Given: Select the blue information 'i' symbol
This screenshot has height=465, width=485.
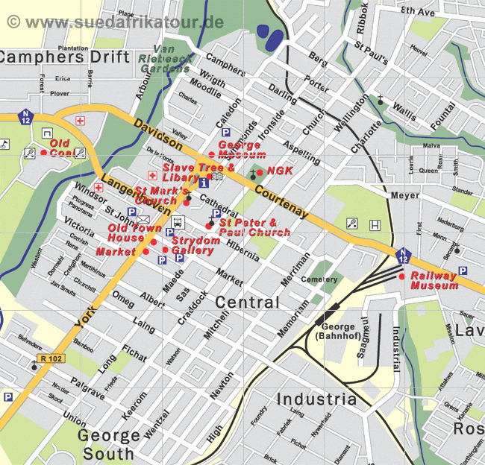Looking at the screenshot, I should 204,182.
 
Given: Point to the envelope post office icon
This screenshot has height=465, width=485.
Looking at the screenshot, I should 143,218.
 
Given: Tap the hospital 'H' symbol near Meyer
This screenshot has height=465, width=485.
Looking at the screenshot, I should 375,224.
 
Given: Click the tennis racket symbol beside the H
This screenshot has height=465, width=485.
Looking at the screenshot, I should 351,223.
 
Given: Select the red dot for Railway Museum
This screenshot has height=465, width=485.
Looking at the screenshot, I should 402,276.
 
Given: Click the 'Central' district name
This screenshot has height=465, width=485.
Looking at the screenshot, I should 247,303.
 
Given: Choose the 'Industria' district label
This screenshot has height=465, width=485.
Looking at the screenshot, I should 316,399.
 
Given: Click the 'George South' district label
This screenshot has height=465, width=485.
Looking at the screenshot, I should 108,443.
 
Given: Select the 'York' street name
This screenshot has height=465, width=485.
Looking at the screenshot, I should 86,317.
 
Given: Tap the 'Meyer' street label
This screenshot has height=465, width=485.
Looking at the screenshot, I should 405,196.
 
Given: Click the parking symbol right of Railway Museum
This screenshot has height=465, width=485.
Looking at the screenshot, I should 462,271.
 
